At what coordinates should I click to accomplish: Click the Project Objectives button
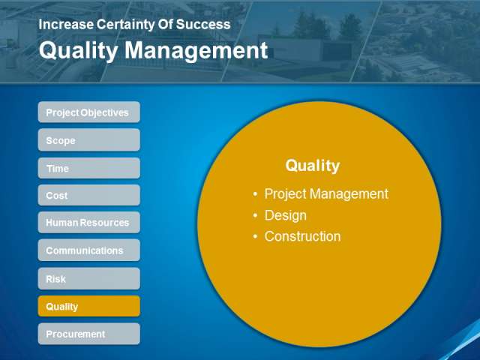click(x=89, y=112)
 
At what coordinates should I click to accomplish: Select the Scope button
click(x=89, y=140)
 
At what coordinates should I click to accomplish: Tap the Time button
click(x=89, y=168)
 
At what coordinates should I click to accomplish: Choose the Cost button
click(x=89, y=195)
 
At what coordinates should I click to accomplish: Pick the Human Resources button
click(x=89, y=222)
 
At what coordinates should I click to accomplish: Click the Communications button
click(x=89, y=250)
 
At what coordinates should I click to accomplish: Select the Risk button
click(x=89, y=278)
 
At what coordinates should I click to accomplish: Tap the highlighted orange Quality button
click(x=89, y=306)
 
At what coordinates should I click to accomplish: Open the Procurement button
click(x=89, y=334)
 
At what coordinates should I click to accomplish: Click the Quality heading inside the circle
click(x=313, y=166)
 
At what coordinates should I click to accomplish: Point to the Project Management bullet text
click(x=326, y=194)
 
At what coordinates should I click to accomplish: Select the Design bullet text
click(x=286, y=215)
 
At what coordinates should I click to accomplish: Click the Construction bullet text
click(x=303, y=236)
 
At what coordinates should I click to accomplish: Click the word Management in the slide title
click(x=196, y=50)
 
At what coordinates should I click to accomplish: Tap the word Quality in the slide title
click(x=79, y=51)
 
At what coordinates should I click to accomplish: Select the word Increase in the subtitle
click(x=66, y=25)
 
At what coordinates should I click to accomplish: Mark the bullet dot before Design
click(x=255, y=215)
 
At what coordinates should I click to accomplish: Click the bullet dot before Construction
click(x=255, y=237)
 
